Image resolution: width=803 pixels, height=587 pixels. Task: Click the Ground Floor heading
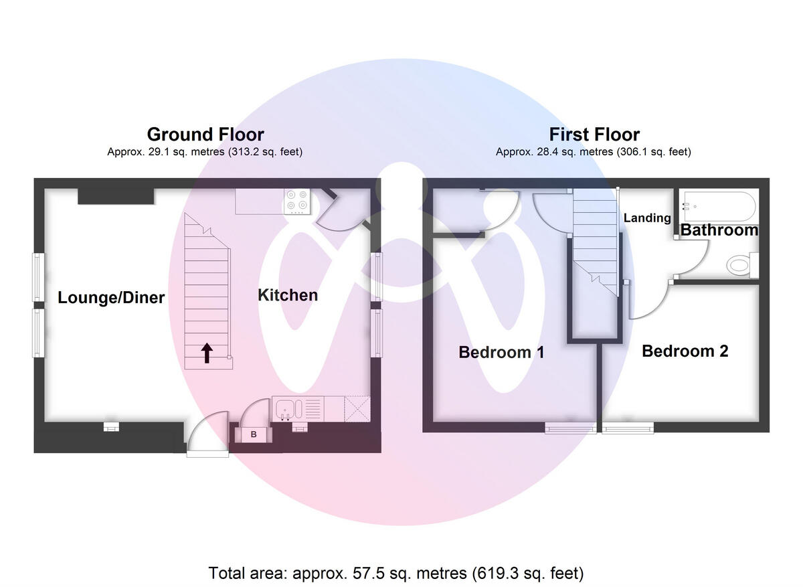click(x=205, y=135)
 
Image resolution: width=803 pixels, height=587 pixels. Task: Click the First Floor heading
click(x=594, y=135)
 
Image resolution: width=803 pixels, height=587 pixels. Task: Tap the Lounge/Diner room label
click(x=111, y=298)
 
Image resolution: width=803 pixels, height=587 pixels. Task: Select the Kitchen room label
click(x=288, y=295)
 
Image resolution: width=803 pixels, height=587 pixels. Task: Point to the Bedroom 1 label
click(x=501, y=352)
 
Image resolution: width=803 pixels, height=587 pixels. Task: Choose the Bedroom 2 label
click(x=685, y=351)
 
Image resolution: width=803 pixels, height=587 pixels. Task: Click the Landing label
click(x=647, y=218)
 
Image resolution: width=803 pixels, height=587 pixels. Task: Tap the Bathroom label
click(x=719, y=231)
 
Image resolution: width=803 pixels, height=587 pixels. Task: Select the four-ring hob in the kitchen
click(x=297, y=201)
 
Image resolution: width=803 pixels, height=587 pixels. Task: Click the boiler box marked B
click(x=254, y=435)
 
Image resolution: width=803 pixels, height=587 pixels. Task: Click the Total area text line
click(x=396, y=574)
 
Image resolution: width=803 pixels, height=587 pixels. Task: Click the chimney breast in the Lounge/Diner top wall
click(x=116, y=195)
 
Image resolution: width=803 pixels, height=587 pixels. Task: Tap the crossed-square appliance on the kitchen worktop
click(x=356, y=408)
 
